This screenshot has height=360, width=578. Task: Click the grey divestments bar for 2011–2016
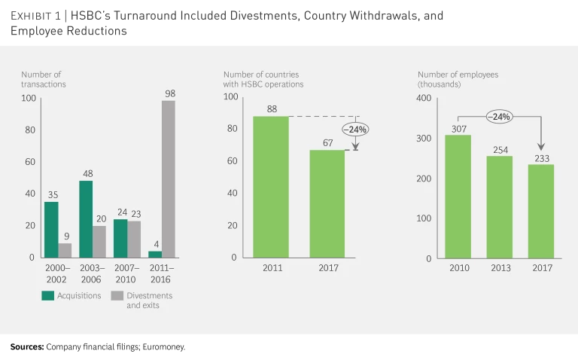tap(169, 178)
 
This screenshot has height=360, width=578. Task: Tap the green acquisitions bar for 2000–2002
tap(51, 229)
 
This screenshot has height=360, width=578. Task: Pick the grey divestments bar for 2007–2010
tap(134, 239)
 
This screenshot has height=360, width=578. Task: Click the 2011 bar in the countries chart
tap(271, 187)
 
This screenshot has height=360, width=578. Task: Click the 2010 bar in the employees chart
tap(458, 196)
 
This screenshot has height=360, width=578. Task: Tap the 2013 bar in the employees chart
tap(499, 206)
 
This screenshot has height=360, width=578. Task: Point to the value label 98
tap(170, 94)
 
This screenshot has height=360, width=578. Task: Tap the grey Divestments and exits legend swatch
tap(117, 296)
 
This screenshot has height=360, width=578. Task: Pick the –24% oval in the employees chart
tap(499, 117)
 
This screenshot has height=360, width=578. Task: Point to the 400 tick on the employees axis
tap(425, 99)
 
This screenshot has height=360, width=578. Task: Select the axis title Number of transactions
tap(44, 79)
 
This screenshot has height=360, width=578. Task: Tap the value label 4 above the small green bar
tap(155, 245)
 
